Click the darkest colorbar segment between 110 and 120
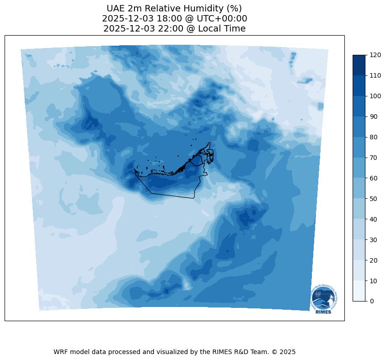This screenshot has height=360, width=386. (x=359, y=65)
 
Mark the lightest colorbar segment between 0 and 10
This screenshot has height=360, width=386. (x=359, y=291)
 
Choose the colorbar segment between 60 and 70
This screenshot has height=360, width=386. (x=359, y=168)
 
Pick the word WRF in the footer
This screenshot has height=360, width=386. (x=60, y=352)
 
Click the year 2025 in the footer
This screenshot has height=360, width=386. (x=287, y=352)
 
